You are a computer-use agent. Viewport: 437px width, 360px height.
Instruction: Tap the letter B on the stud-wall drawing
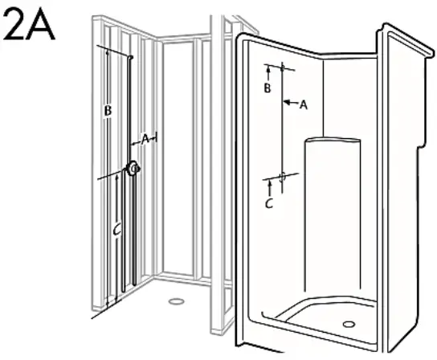pos(107,112)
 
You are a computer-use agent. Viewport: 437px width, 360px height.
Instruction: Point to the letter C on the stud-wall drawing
pos(116,231)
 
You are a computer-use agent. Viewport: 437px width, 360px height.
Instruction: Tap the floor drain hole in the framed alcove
pos(175,302)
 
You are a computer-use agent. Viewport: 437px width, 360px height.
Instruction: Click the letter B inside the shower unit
pos(268,88)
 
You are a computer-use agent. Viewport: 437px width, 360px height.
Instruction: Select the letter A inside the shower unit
pos(304,104)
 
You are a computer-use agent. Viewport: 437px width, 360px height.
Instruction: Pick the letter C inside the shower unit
pos(269,203)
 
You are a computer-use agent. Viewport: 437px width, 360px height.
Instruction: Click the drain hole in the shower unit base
pos(349,323)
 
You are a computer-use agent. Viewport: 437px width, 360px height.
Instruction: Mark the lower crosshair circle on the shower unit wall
pos(283,175)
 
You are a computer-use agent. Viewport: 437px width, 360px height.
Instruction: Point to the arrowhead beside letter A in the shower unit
pos(288,103)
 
